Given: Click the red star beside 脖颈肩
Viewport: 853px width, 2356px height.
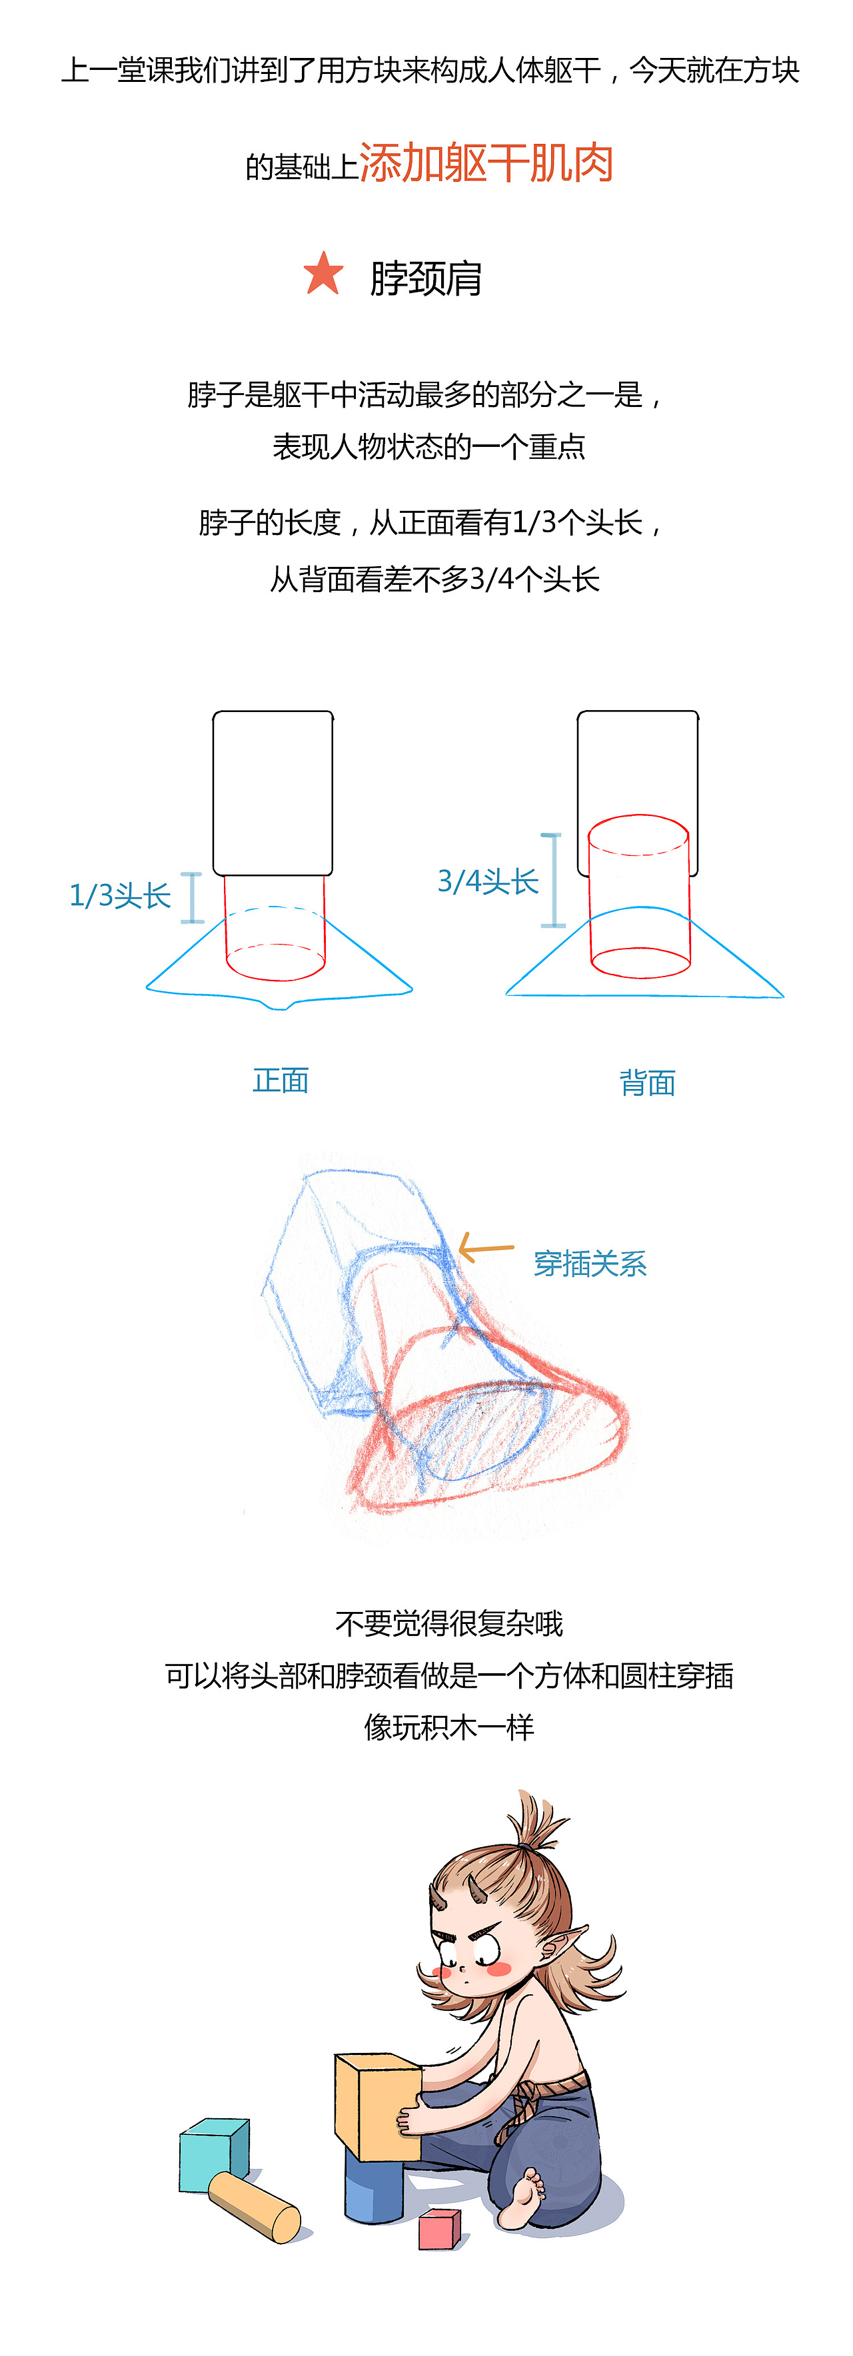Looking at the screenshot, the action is click(x=323, y=274).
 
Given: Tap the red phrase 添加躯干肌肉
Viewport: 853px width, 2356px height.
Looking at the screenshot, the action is click(x=486, y=164).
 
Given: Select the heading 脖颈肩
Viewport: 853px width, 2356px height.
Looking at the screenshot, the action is click(x=426, y=278).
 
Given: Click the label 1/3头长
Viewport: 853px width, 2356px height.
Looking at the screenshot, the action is click(x=120, y=895).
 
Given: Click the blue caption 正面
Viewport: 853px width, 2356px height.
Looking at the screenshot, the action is click(x=280, y=1080).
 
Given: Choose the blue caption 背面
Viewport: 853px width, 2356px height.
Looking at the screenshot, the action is click(x=647, y=1083).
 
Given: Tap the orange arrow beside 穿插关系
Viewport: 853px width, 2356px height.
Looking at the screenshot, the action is click(x=485, y=1248).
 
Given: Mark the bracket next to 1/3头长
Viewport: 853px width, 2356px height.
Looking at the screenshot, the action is click(x=191, y=897).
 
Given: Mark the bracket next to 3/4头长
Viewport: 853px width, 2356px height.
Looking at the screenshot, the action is click(x=552, y=880).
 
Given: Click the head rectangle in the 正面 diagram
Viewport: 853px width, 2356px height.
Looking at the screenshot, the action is click(x=273, y=792).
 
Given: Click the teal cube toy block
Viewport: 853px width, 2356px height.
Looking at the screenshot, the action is click(x=214, y=2153).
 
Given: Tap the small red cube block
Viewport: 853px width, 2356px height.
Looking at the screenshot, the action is click(x=439, y=2228).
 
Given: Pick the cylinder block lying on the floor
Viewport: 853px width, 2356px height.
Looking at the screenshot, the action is click(x=255, y=2207).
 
